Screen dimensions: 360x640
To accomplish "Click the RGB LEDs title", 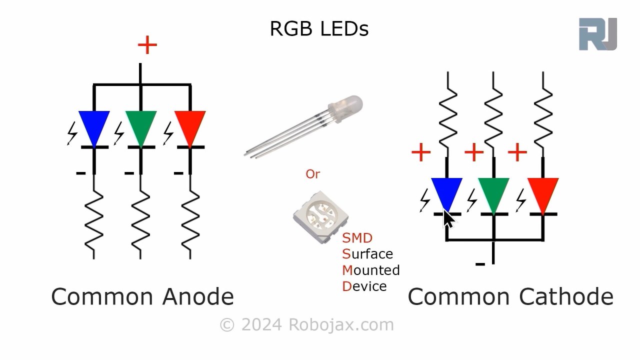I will click(x=319, y=29).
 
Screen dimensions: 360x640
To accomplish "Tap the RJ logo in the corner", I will click(x=597, y=34).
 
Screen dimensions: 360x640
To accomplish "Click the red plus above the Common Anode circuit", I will click(x=147, y=45).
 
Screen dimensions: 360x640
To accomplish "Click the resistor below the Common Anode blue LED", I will click(x=94, y=220).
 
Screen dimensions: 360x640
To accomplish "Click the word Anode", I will click(x=198, y=297).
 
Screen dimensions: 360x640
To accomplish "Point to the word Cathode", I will click(x=566, y=297).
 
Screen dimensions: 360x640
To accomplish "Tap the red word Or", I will click(x=312, y=174).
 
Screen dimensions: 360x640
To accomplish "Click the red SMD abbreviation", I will click(x=357, y=238).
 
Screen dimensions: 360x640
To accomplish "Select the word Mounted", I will click(x=371, y=270).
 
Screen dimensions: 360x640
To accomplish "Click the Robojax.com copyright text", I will click(x=306, y=325).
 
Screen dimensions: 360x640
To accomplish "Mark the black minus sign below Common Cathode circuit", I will click(x=480, y=263).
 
